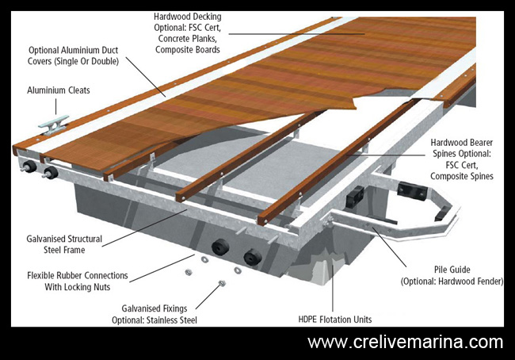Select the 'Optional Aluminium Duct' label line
pos(73,50)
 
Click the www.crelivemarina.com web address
pos(405,343)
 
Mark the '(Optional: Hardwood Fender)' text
pos(450,281)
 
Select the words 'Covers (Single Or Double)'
pos(73,62)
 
